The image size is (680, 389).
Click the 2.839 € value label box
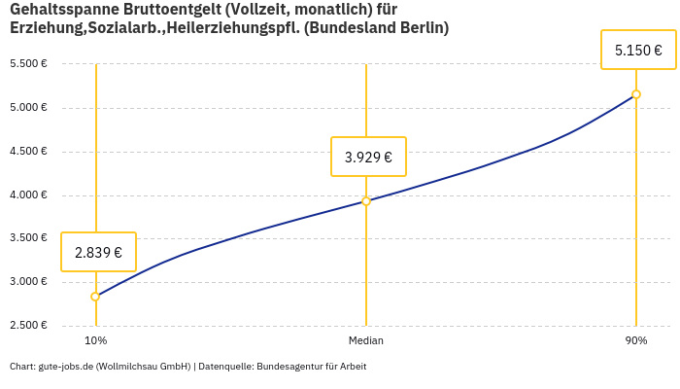coord(98,252)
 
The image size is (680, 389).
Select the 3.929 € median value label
coord(368,157)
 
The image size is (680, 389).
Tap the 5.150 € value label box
coord(638,50)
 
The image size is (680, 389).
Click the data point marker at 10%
coord(95,297)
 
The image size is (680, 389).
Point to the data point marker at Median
coord(366,201)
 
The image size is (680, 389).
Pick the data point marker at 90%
coord(636,94)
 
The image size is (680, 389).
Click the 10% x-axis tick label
coord(95,341)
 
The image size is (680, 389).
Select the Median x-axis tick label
coord(366,341)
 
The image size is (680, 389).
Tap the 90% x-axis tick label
coord(636,341)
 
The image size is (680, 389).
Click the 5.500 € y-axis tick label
coord(28,64)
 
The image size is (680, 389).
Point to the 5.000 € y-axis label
coord(28,108)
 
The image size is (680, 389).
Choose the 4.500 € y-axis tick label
coord(28,152)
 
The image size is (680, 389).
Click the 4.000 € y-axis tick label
coord(28,195)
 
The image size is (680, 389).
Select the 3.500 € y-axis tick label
coord(28,238)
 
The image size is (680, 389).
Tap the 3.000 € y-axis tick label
coord(28,282)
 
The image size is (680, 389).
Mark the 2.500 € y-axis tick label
coord(28,326)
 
